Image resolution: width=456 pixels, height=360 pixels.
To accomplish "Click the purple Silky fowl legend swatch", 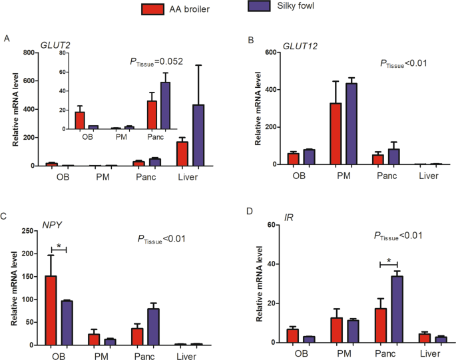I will tap(252, 9).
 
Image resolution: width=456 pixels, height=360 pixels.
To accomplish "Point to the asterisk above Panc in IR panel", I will tap(388, 260).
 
